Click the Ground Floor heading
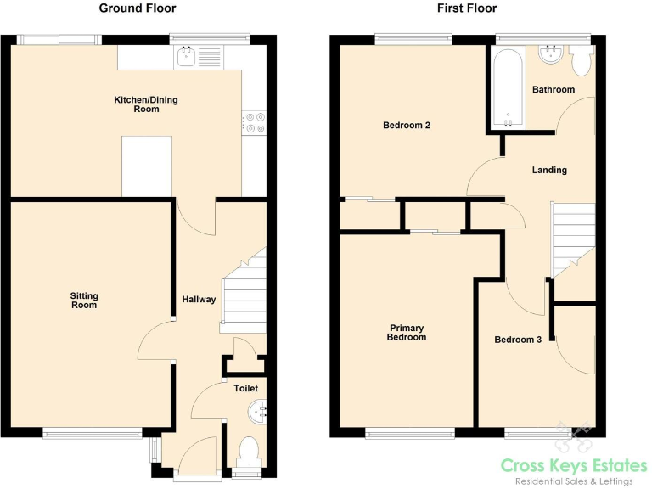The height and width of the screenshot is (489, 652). click(x=138, y=8)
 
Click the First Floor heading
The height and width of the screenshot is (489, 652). click(x=467, y=8)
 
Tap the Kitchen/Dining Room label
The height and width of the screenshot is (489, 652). click(x=146, y=104)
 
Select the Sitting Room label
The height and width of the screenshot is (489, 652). click(x=84, y=301)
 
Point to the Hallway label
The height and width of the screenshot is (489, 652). click(x=199, y=300)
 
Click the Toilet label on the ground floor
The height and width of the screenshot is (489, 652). click(x=246, y=388)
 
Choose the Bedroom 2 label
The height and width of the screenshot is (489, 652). click(x=406, y=126)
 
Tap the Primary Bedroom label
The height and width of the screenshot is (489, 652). click(x=407, y=332)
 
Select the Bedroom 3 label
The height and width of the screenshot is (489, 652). click(x=518, y=340)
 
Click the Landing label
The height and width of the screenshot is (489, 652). click(x=549, y=170)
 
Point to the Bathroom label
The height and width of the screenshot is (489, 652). click(x=553, y=89)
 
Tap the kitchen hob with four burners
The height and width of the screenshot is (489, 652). click(x=254, y=123)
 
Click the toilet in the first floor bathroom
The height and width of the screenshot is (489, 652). click(x=582, y=60)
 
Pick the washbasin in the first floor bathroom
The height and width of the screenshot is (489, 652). click(x=549, y=55)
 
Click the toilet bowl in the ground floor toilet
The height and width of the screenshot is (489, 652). click(x=248, y=449)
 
